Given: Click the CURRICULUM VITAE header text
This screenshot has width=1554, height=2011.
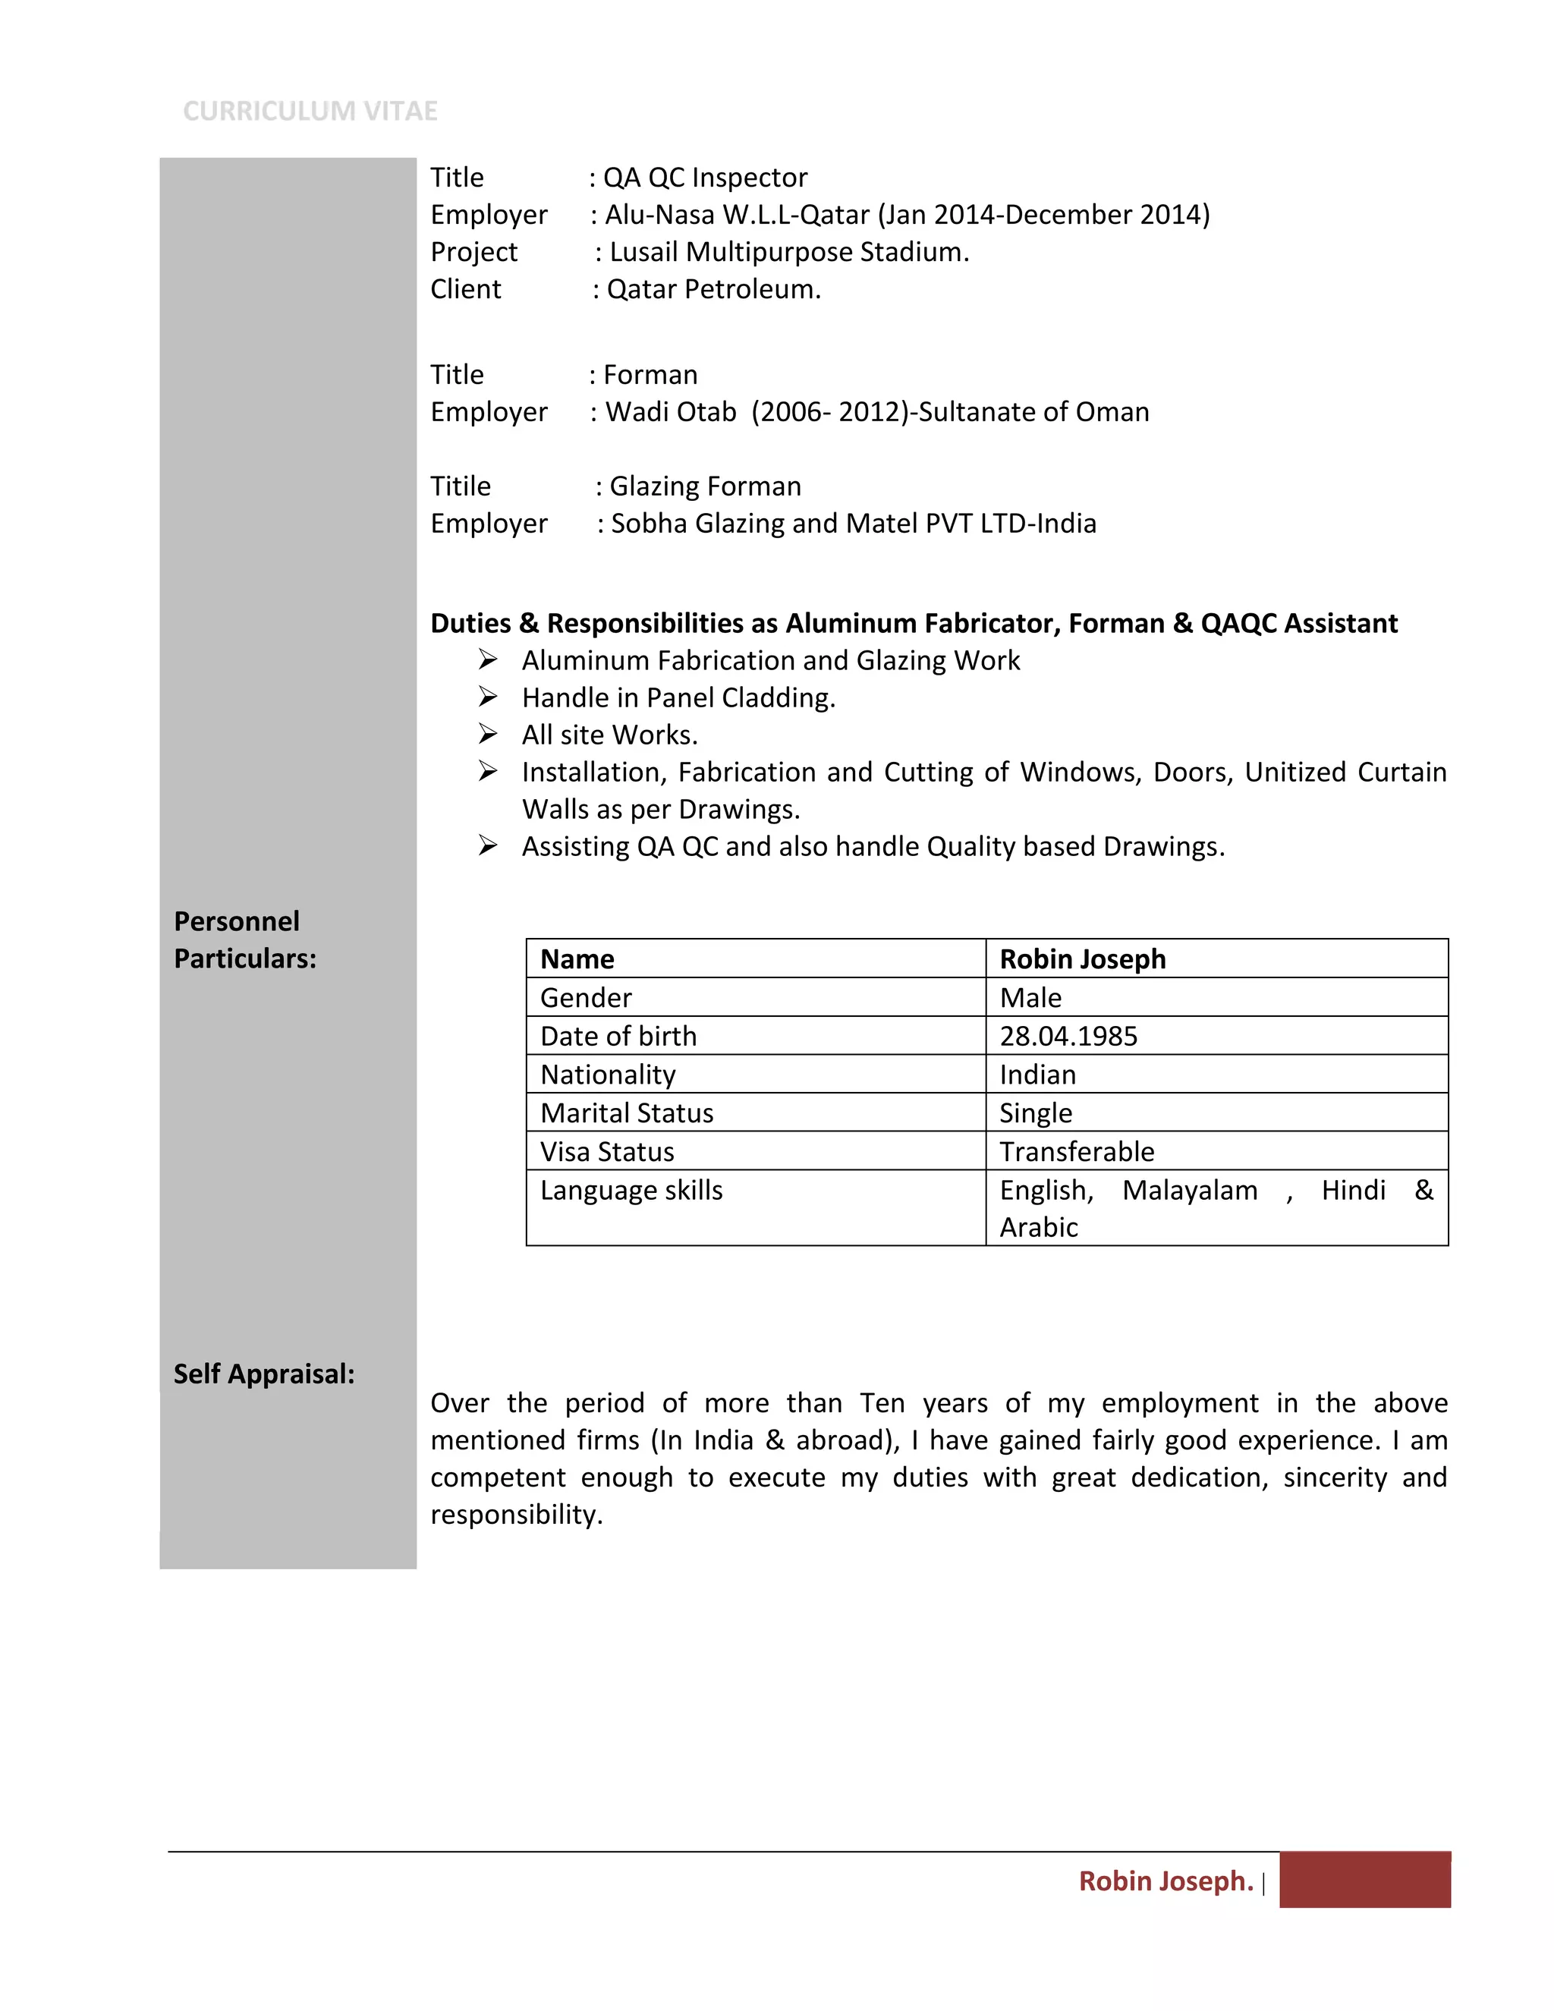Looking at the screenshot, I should coord(310,112).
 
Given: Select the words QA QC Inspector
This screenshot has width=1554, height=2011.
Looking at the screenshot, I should coord(705,178).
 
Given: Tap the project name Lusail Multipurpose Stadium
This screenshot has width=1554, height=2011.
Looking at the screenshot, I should coord(789,252).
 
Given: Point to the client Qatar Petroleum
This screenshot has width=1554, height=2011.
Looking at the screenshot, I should coord(713,289).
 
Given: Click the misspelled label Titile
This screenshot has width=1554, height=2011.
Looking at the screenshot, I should coord(461,486).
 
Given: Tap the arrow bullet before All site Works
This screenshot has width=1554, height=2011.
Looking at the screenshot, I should coord(488,734).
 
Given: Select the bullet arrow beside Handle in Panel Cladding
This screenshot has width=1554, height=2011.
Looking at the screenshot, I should coord(488,697).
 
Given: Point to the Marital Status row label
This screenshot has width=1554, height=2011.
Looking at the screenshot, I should coord(627,1113).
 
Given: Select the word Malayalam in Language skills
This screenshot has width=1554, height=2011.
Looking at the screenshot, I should coord(1190,1191).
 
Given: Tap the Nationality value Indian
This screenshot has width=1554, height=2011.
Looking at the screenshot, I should coord(1037,1075).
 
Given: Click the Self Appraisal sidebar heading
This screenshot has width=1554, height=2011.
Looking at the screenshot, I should coord(264,1374).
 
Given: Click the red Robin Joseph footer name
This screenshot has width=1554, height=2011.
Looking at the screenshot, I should coord(1165,1880).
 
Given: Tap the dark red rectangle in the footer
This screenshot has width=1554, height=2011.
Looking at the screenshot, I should coord(1364,1879).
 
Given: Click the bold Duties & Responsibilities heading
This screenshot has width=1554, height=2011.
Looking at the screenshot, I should coord(914,623).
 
